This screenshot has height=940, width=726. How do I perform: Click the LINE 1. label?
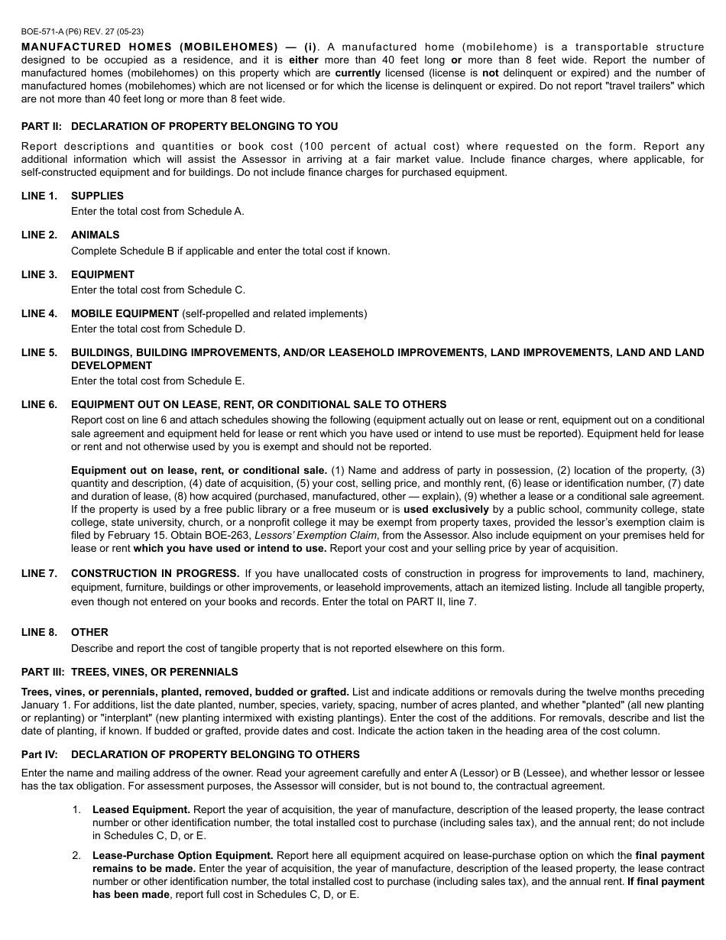(x=39, y=196)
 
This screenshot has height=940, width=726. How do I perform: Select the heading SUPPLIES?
(x=97, y=196)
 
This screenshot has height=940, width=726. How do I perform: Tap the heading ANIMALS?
(x=96, y=235)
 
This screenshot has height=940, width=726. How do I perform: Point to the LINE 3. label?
(x=39, y=274)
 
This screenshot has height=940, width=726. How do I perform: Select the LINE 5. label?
(x=39, y=352)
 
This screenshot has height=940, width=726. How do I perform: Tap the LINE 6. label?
(x=39, y=404)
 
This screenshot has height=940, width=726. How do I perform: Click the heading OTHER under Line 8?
(x=89, y=632)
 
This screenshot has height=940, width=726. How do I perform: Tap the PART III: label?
(x=44, y=672)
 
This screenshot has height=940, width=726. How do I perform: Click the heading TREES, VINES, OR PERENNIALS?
(x=154, y=672)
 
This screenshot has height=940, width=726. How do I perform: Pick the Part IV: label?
(x=42, y=754)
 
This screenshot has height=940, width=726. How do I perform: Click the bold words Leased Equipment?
(x=141, y=809)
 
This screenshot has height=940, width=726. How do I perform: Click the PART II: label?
(x=42, y=126)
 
